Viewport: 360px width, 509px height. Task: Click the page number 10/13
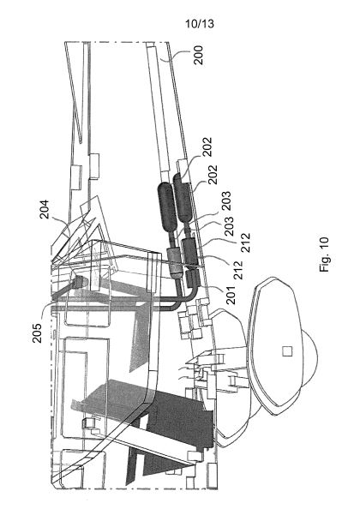[x=200, y=23]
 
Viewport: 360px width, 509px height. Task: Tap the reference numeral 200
[x=198, y=55]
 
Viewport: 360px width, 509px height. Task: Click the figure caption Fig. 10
[x=324, y=254]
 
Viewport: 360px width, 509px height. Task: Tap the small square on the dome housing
[x=287, y=351]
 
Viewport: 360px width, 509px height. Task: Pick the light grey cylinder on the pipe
[x=174, y=261]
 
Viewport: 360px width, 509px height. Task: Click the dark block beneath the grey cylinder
[x=190, y=251]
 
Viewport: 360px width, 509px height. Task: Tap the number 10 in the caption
[x=324, y=243]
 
